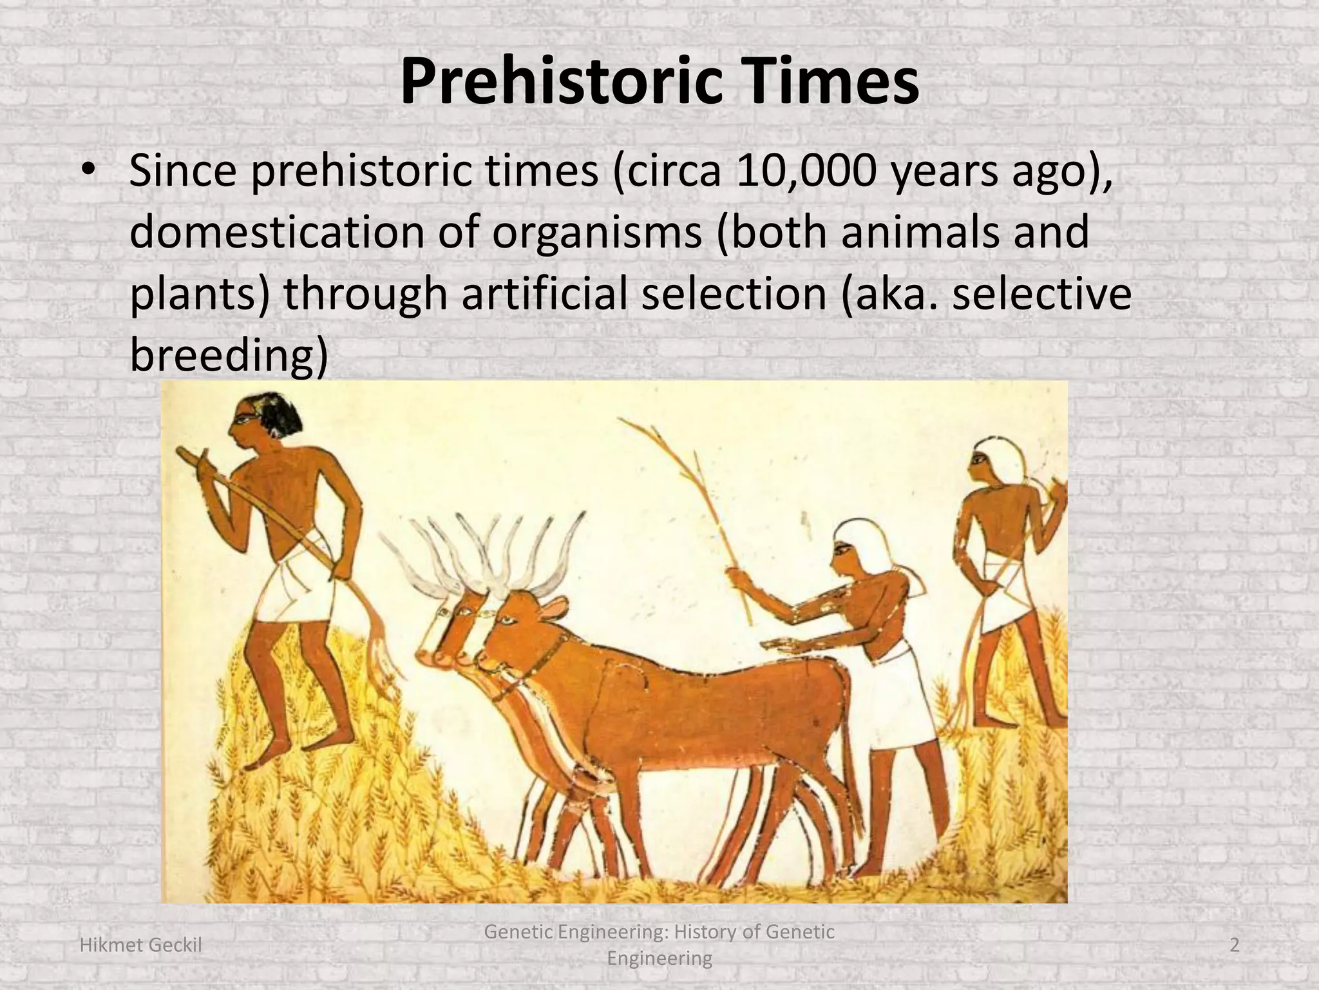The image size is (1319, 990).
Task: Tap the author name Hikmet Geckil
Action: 140,945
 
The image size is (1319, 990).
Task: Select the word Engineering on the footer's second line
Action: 659,958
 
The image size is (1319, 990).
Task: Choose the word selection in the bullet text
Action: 734,293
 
